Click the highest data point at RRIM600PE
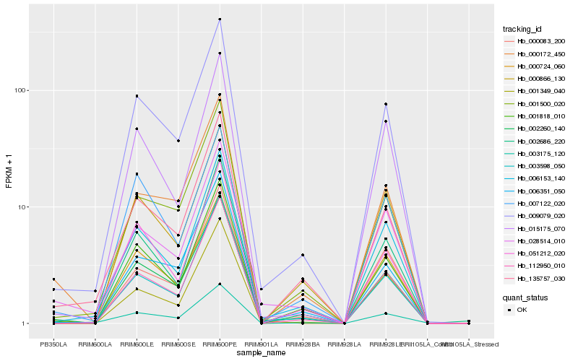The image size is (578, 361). point(220,19)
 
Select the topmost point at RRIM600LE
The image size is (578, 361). point(137,96)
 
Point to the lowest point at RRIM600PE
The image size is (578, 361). point(220,284)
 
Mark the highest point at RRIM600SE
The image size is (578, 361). point(178,141)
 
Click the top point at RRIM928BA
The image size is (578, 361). point(303,255)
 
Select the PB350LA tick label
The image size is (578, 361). point(53,344)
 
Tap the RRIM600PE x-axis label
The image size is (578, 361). point(220,344)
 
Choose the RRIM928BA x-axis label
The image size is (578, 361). point(303,344)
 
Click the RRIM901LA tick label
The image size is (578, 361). point(261,344)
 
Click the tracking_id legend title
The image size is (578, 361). point(522,29)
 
